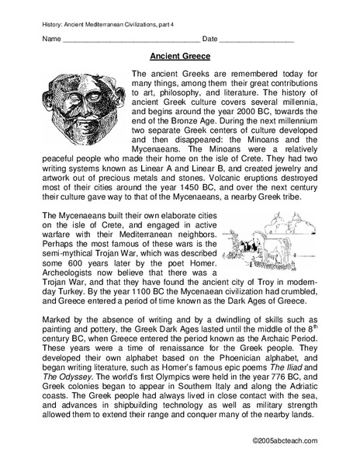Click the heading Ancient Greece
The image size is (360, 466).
point(179,57)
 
